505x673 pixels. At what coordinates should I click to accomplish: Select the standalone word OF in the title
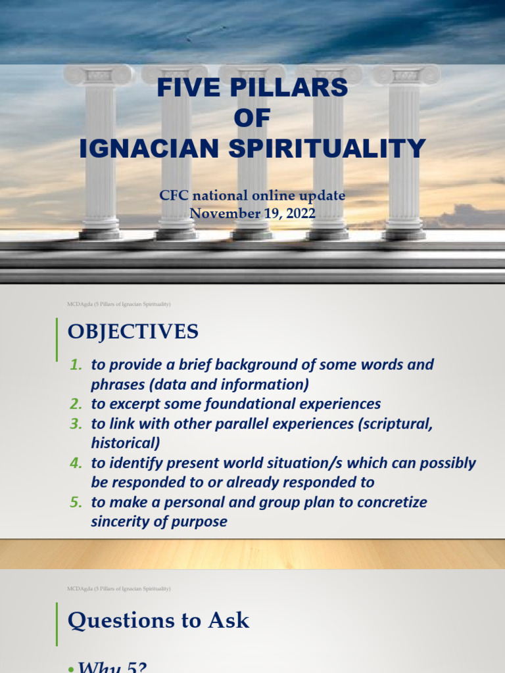(252, 118)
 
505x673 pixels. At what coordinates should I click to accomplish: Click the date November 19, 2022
(252, 213)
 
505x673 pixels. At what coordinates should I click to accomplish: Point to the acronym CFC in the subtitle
(174, 196)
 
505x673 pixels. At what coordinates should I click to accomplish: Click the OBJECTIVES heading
(133, 332)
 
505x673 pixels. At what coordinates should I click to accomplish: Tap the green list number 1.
(76, 365)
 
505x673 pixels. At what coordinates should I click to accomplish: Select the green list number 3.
(76, 424)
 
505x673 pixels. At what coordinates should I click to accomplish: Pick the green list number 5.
(76, 503)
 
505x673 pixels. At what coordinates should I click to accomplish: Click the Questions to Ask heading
(158, 620)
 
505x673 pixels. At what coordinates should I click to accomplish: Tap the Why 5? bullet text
(112, 666)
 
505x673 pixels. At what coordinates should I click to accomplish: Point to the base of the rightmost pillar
(404, 232)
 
